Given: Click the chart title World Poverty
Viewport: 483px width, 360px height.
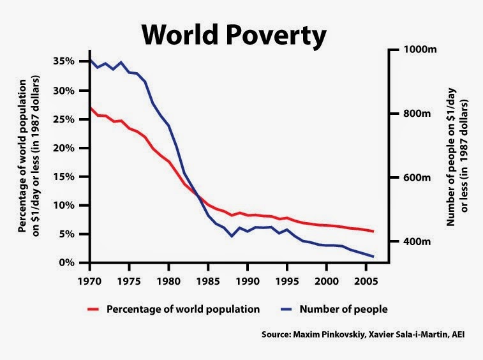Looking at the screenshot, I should (x=234, y=34).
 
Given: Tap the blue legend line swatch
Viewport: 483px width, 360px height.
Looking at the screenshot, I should (x=292, y=309).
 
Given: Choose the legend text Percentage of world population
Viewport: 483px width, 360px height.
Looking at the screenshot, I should (x=183, y=309).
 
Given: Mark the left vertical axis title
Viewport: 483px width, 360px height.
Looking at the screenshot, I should (x=31, y=156).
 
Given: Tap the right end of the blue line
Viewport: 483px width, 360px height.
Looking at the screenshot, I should (x=373, y=257).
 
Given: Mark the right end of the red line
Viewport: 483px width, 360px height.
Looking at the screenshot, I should (x=373, y=231).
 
